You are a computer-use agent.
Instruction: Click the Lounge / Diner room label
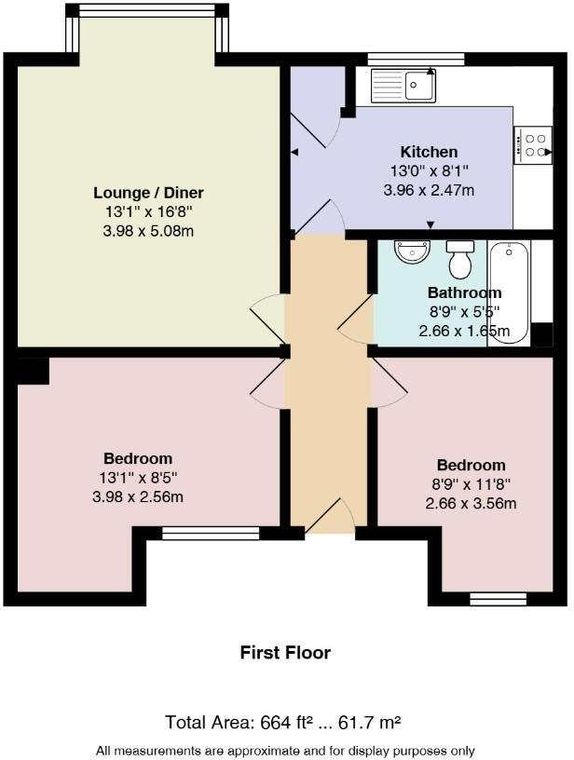click(148, 193)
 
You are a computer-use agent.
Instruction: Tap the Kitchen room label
click(429, 152)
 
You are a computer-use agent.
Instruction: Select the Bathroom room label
click(464, 292)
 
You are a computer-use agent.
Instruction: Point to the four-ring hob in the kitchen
click(533, 145)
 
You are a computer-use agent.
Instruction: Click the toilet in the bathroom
click(460, 260)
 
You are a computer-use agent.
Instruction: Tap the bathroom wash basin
click(410, 251)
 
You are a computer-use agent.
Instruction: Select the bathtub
click(508, 292)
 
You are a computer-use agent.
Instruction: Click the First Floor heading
click(285, 653)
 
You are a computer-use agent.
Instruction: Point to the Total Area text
click(283, 722)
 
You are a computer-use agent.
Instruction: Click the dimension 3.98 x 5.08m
click(148, 230)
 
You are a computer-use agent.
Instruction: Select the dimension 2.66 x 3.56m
click(471, 504)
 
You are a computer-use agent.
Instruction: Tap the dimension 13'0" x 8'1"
click(429, 171)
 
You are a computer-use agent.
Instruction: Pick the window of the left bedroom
click(211, 534)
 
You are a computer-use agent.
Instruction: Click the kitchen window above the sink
click(416, 60)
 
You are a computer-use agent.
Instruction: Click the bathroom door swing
click(356, 320)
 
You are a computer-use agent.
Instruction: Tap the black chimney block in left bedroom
click(33, 370)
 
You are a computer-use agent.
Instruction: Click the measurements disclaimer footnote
click(285, 751)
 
